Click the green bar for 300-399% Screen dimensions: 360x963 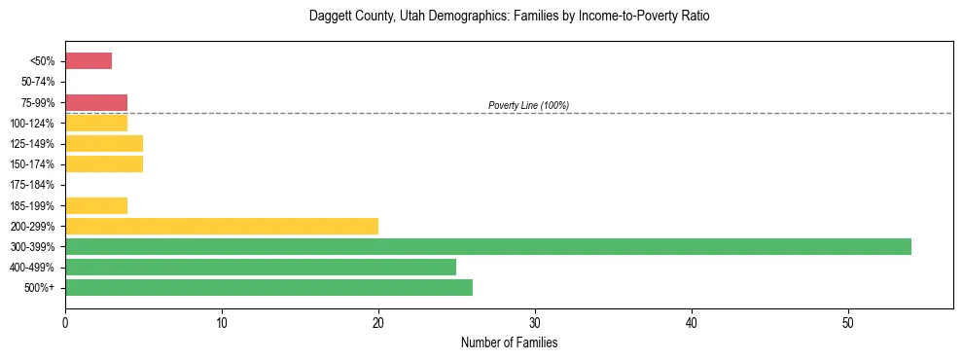click(x=487, y=246)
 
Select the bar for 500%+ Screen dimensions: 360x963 click(x=268, y=287)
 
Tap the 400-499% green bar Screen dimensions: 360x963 click(x=261, y=267)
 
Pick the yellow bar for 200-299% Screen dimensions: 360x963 click(x=222, y=226)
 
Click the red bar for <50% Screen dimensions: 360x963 click(x=89, y=61)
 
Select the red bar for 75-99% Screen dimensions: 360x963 click(x=96, y=102)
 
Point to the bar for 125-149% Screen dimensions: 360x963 click(x=104, y=144)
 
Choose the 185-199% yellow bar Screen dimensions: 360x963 click(x=96, y=205)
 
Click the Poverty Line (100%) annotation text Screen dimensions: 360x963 click(x=528, y=105)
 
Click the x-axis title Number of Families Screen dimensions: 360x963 click(x=509, y=343)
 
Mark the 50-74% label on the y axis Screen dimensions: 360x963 click(x=37, y=83)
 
